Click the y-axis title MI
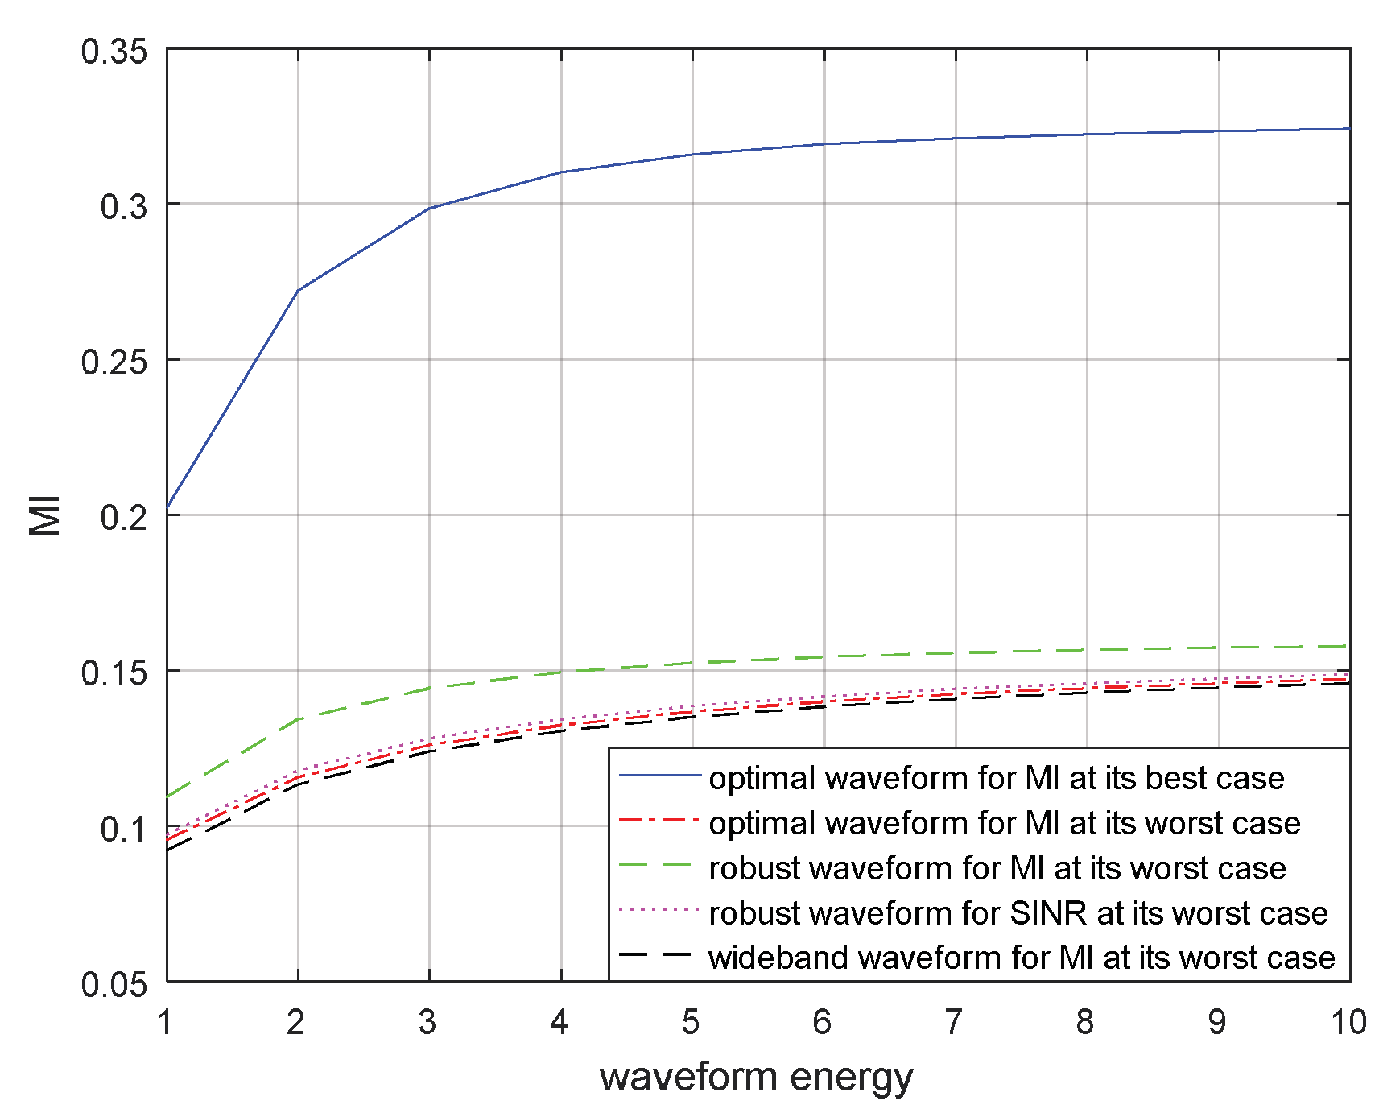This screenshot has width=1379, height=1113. tap(45, 515)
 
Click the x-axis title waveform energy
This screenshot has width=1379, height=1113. tap(756, 1078)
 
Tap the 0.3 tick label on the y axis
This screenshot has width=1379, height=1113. tap(124, 206)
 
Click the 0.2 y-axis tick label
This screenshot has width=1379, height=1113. tap(124, 517)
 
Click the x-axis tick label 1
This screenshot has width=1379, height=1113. tap(166, 1022)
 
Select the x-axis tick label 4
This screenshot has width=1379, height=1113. tap(559, 1022)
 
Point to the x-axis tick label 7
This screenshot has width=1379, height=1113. tap(954, 1022)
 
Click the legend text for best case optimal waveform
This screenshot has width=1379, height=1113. tap(997, 778)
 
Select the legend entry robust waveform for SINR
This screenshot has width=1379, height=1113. tap(1018, 913)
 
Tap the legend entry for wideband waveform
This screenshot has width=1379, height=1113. tap(1022, 958)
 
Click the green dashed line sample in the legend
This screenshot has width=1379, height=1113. tap(657, 866)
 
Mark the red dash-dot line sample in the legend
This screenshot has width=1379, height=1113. tap(657, 821)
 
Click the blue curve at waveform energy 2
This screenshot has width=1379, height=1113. tap(298, 290)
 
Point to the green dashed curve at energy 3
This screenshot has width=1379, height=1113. tap(430, 688)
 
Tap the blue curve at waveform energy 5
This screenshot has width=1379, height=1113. tap(692, 154)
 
